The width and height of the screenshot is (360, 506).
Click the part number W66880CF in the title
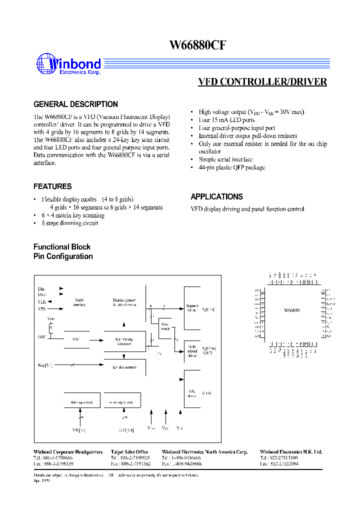(x=198, y=45)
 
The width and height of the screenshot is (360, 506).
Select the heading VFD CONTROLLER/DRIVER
(x=262, y=82)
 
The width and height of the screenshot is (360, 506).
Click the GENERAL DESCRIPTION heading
(x=75, y=104)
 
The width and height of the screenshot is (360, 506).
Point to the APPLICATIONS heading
(x=216, y=197)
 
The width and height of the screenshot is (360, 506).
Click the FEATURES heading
(x=52, y=186)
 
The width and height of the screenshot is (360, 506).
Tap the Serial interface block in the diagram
(x=79, y=302)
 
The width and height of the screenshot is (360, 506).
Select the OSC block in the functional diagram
(x=76, y=339)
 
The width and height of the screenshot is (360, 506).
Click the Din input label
(x=41, y=289)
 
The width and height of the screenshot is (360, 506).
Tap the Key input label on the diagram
(x=45, y=365)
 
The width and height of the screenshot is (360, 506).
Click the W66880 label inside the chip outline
(x=291, y=310)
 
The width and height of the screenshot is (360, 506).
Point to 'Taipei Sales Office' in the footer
(x=129, y=452)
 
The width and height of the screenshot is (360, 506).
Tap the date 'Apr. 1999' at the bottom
(x=42, y=479)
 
